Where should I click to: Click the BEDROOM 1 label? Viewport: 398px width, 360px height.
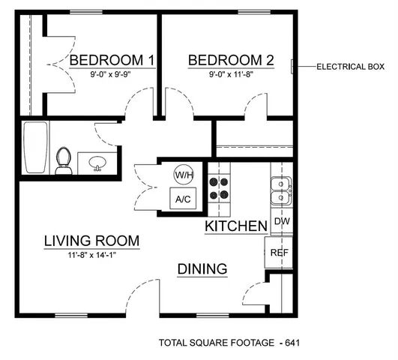[x=112, y=60]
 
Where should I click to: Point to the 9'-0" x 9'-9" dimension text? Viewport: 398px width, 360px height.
[x=112, y=75]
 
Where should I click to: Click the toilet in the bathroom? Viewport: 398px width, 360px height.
[x=64, y=160]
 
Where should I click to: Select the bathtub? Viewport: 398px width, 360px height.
[x=34, y=148]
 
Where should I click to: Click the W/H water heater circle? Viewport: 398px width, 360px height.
[x=183, y=175]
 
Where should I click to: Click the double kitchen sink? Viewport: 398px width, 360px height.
[x=281, y=192]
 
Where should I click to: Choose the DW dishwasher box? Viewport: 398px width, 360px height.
[x=282, y=222]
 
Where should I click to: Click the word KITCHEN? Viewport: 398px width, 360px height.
[x=236, y=226]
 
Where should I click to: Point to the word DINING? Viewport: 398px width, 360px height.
[x=202, y=269]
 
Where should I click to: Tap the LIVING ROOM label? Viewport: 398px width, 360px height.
[x=91, y=241]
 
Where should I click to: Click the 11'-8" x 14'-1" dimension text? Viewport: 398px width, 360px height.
[x=91, y=255]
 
